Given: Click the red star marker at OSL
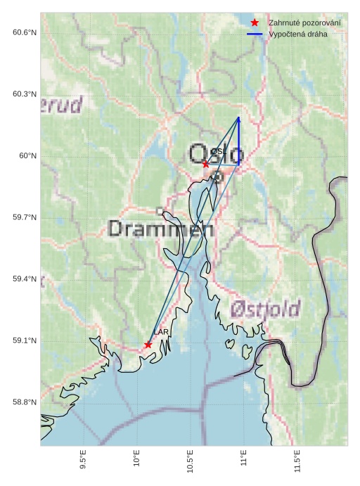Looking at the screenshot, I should [205, 164].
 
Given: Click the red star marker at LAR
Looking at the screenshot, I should [148, 345].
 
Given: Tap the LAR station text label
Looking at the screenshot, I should [161, 332].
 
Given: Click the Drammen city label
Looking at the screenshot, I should [161, 229].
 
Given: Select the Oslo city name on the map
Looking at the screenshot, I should [217, 153].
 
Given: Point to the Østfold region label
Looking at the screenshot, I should [265, 308].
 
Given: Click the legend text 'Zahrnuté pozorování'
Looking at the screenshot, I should [304, 23].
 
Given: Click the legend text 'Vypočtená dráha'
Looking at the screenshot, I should [298, 34].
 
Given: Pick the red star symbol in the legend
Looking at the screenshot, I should [255, 23].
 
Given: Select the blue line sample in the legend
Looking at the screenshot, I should [255, 34].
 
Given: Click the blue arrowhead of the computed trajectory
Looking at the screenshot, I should [239, 120].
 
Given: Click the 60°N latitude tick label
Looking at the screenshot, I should [27, 156].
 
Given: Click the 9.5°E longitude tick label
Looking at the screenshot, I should [83, 461].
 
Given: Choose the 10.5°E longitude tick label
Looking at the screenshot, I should [191, 461].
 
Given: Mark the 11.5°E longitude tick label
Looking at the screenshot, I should [297, 461].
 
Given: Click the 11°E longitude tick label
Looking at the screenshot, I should [244, 459].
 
